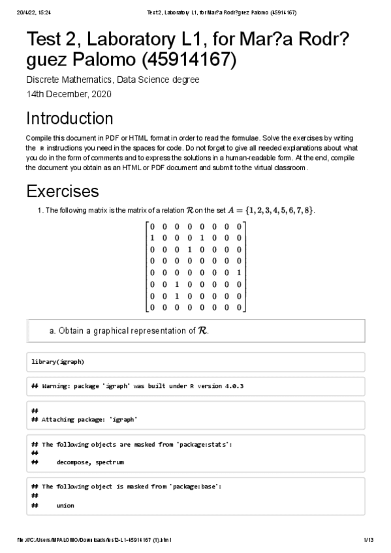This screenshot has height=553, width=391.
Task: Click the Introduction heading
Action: [x=69, y=119]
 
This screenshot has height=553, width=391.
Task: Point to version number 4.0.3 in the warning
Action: [x=234, y=386]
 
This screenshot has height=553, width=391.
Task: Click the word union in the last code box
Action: [x=65, y=505]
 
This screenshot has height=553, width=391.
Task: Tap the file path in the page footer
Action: [x=95, y=541]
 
